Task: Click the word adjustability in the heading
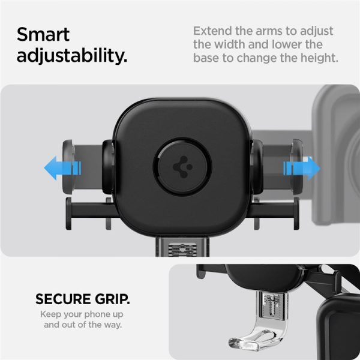pyautogui.click(x=72, y=56)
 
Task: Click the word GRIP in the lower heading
pyautogui.click(x=110, y=299)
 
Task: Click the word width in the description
pyautogui.click(x=234, y=45)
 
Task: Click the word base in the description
pyautogui.click(x=210, y=58)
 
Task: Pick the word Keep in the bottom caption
pyautogui.click(x=50, y=314)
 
